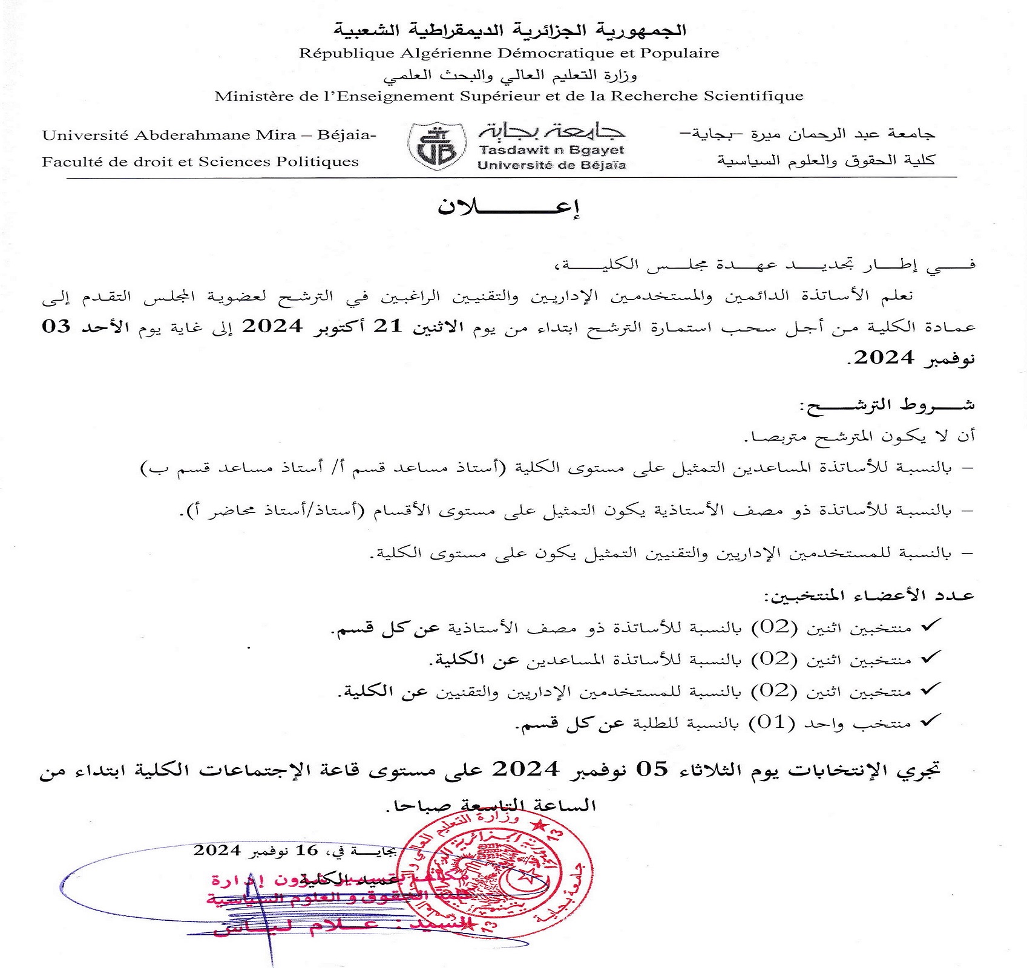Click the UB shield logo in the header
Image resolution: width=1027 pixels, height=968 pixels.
pyautogui.click(x=437, y=146)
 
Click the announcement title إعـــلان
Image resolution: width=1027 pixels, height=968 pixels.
pyautogui.click(x=508, y=207)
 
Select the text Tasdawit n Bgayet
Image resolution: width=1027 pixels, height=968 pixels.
pyautogui.click(x=551, y=150)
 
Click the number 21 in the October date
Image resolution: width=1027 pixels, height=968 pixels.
pyautogui.click(x=387, y=326)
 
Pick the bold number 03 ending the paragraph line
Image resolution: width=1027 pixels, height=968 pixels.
pyautogui.click(x=56, y=326)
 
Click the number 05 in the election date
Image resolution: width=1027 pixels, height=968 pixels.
pyautogui.click(x=651, y=770)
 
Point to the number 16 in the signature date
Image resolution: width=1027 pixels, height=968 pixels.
pyautogui.click(x=306, y=850)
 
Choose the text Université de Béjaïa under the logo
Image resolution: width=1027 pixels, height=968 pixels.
pyautogui.click(x=551, y=165)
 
